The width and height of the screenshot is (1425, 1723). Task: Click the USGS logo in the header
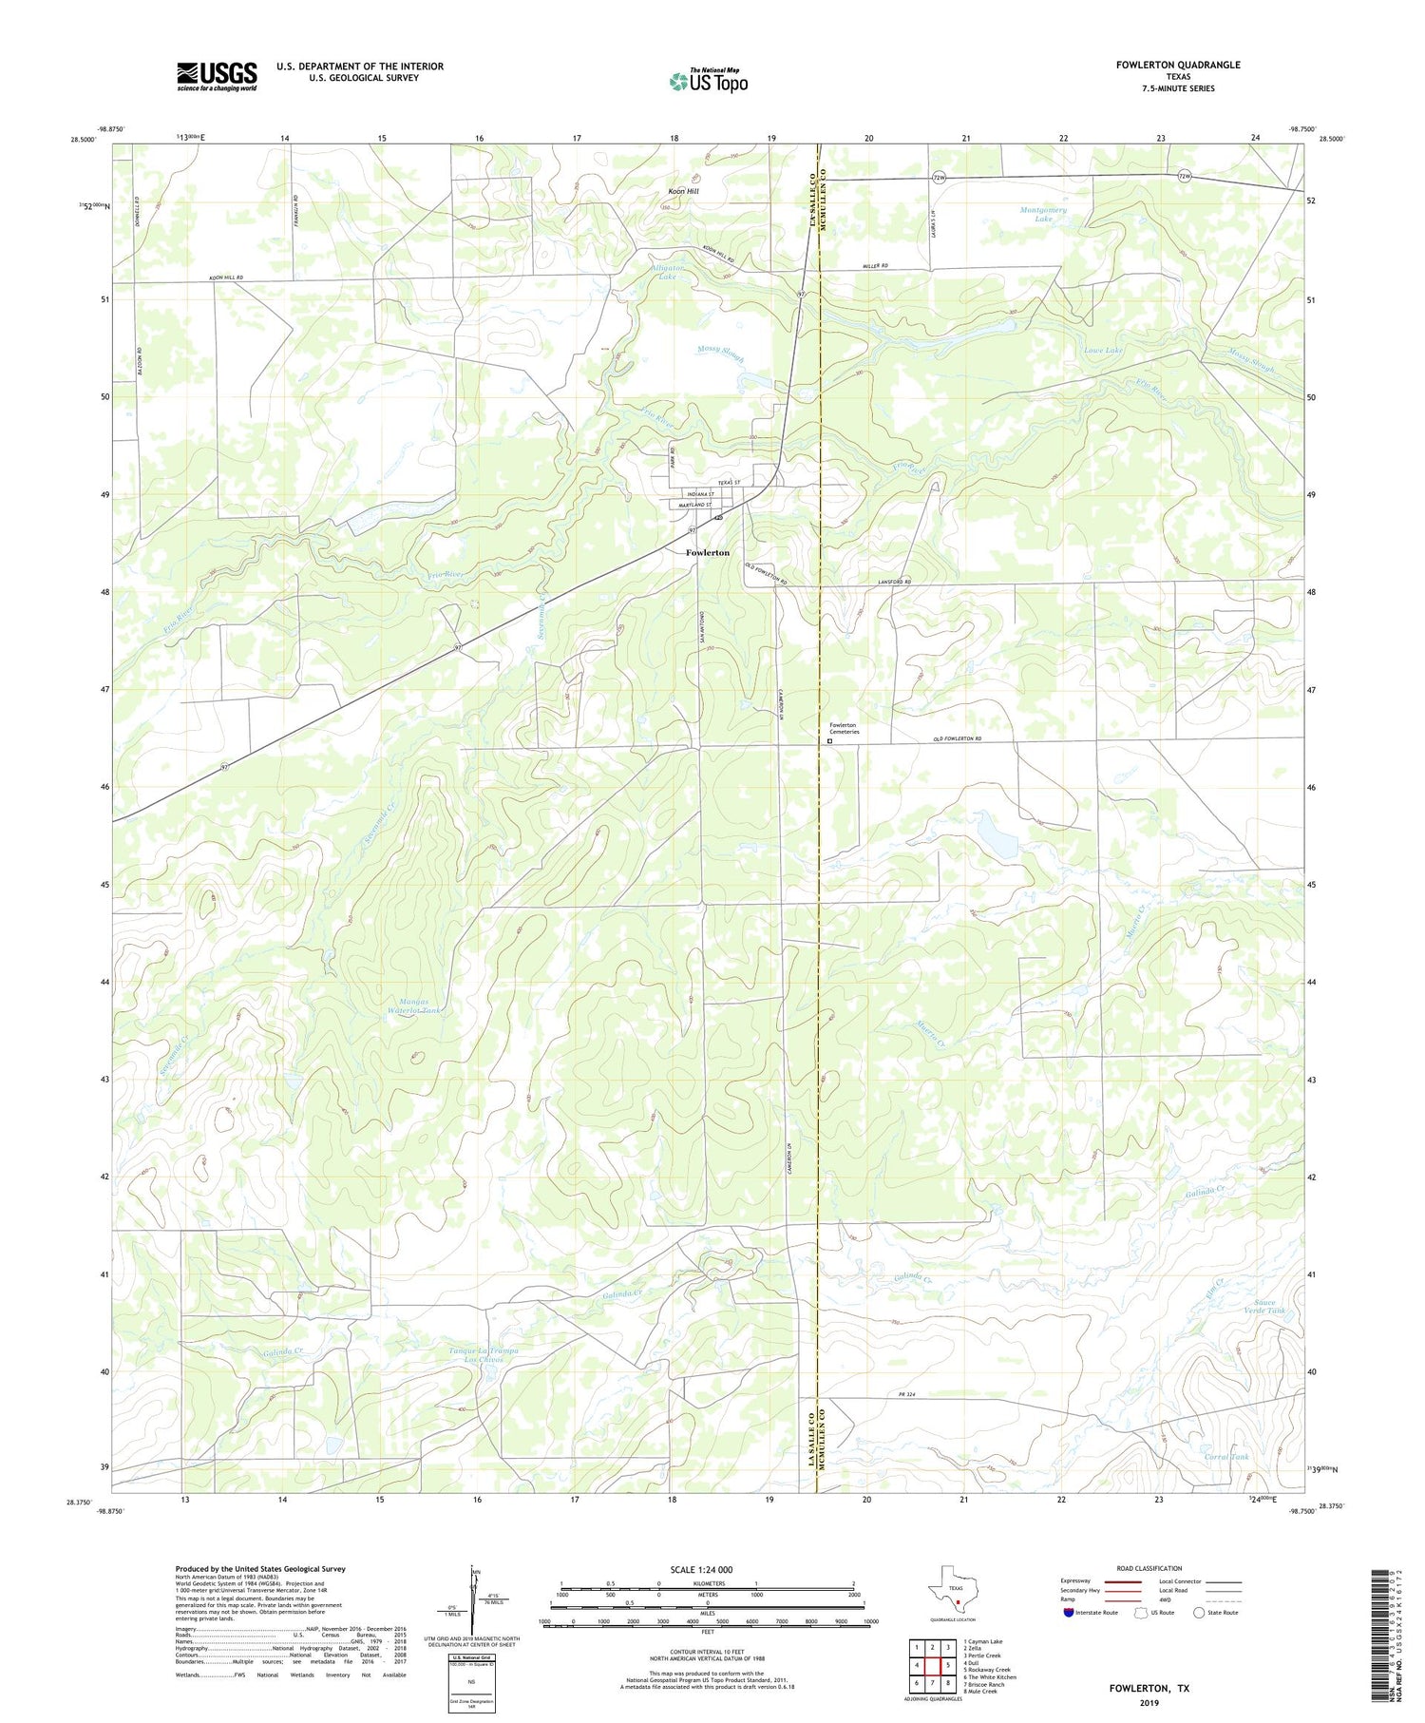pos(217,76)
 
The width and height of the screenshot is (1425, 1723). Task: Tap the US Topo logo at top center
pos(708,81)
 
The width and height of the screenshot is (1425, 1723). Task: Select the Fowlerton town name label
pos(708,552)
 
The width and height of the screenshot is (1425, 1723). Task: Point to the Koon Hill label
pos(679,191)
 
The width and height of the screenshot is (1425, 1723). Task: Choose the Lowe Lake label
pos(1103,351)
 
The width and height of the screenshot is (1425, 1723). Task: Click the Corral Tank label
pos(1227,1456)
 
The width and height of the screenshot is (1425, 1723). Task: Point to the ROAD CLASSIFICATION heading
pos(1149,1568)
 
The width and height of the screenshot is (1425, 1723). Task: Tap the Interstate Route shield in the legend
pos(1069,1612)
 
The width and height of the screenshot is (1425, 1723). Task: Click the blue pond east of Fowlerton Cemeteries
pos(998,837)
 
